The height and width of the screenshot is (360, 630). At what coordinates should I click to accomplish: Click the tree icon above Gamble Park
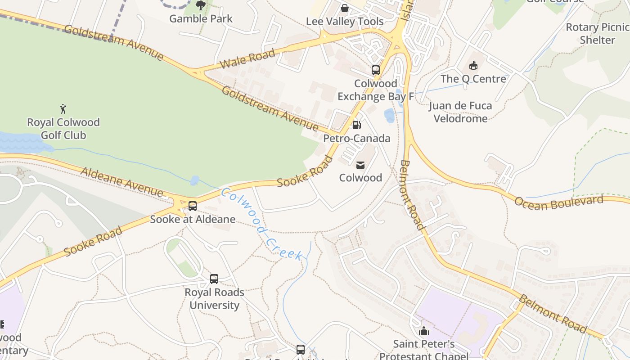(201, 5)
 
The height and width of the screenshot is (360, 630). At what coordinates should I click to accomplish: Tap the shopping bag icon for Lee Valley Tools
(344, 8)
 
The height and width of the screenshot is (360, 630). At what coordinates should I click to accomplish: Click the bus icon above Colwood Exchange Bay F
(375, 70)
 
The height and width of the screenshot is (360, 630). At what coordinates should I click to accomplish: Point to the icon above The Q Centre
(473, 66)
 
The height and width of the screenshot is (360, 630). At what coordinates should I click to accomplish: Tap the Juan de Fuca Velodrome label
(460, 112)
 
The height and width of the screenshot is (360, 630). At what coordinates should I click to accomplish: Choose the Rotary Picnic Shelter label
(597, 33)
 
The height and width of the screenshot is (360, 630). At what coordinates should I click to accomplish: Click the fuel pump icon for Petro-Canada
(356, 125)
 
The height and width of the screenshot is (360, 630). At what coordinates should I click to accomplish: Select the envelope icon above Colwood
(360, 165)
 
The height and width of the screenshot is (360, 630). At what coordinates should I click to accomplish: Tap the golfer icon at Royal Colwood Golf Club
(63, 109)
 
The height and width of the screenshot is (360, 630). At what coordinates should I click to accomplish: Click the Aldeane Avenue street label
(121, 182)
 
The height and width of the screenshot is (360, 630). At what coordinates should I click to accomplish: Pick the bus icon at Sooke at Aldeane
(193, 206)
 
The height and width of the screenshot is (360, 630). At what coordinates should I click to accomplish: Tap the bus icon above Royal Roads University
(214, 279)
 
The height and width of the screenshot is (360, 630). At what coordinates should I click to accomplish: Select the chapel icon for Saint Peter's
(423, 331)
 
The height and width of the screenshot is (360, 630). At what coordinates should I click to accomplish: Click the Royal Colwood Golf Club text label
(63, 129)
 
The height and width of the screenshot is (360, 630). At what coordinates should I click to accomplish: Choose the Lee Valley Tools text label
(345, 22)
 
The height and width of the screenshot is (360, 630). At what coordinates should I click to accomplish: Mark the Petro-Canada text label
(357, 138)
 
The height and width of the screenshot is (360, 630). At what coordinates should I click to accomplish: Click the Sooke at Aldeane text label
(193, 219)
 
